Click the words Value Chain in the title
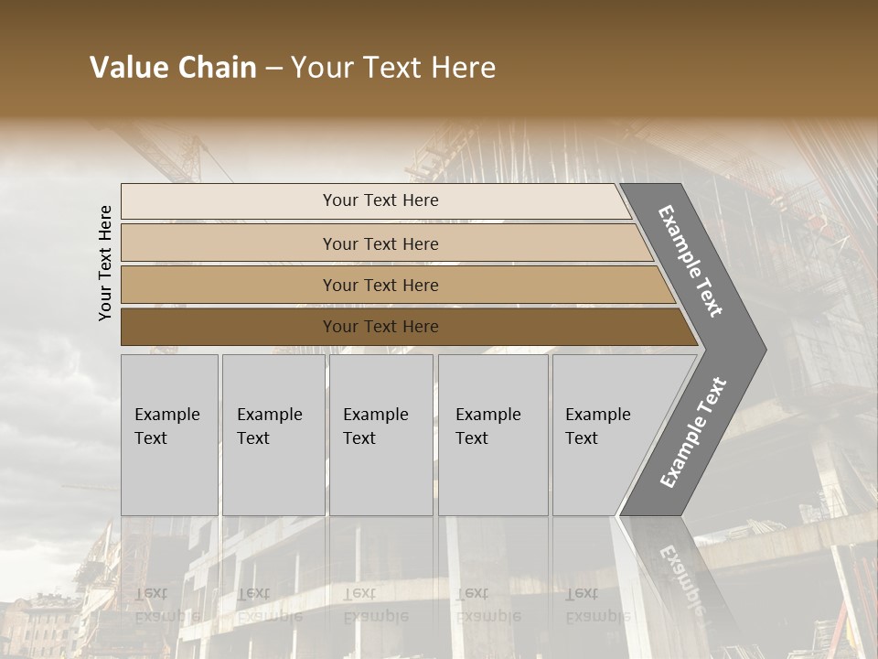tap(173, 68)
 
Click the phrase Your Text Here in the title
tap(393, 68)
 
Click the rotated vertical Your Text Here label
tap(106, 263)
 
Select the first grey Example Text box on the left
tap(169, 435)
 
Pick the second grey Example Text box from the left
tap(273, 435)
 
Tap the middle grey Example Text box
tap(380, 435)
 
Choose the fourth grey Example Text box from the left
tap(492, 435)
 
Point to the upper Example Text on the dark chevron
tap(691, 261)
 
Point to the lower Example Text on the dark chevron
tap(693, 432)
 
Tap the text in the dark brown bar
tap(380, 327)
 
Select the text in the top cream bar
tap(380, 200)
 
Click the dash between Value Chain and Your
tap(273, 69)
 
